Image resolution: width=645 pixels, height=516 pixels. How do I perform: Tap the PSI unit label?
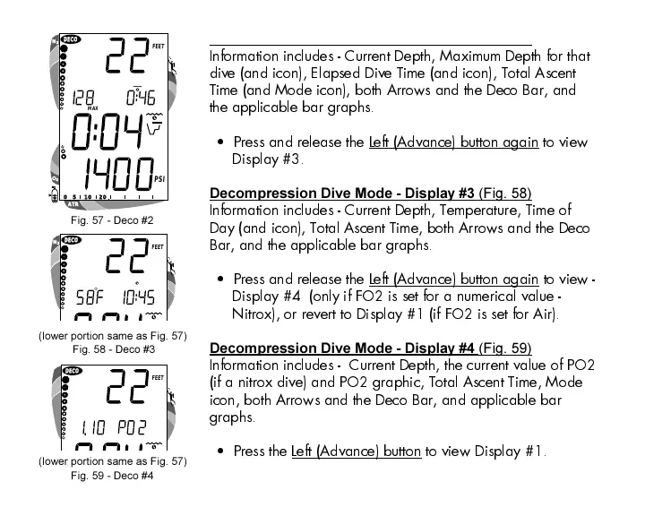pyautogui.click(x=159, y=179)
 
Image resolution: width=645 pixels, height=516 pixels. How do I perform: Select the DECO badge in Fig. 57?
pyautogui.click(x=70, y=40)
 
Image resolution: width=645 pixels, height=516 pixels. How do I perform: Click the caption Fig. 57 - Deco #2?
pyautogui.click(x=112, y=219)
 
